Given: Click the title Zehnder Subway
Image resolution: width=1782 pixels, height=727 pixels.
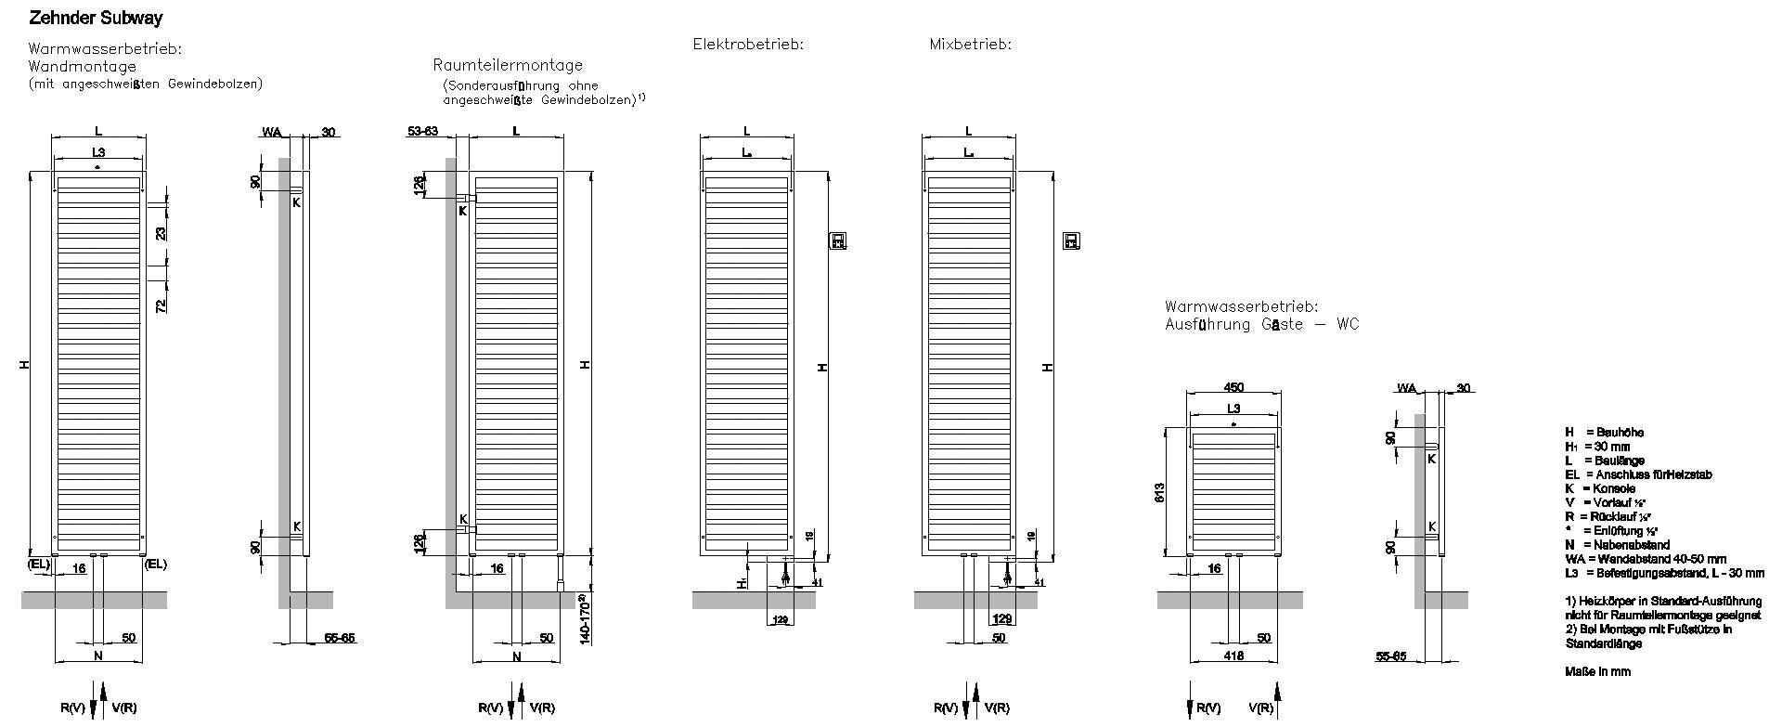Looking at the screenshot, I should (x=96, y=19).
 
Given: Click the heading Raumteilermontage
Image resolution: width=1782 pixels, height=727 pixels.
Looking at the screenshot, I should (x=508, y=65).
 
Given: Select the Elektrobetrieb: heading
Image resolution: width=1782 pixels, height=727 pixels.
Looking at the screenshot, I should (x=748, y=44).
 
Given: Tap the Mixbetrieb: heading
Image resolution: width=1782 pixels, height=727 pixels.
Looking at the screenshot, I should (x=970, y=44).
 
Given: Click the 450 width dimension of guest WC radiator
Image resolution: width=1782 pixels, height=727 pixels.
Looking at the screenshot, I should (x=1233, y=388).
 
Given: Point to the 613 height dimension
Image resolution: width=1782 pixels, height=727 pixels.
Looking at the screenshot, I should (x=1160, y=492).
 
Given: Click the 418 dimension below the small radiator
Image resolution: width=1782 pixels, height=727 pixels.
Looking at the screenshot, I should (x=1233, y=656).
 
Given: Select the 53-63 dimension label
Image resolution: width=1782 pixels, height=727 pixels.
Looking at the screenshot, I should (x=422, y=132).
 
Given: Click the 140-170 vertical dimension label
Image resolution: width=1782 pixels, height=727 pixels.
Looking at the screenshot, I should (x=587, y=618).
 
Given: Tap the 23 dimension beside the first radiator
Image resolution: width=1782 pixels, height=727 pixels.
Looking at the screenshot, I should (x=161, y=233).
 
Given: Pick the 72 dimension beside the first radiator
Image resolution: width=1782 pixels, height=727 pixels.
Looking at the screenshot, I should (x=161, y=305).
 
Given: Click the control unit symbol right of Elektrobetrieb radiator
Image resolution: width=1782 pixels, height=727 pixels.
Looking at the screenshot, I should (x=838, y=241).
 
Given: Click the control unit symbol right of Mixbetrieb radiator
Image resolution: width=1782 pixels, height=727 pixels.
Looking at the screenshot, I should (x=1072, y=241).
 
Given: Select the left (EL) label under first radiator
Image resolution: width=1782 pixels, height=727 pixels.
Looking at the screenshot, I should (x=38, y=564).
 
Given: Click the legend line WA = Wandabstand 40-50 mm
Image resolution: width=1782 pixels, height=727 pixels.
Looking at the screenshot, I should (x=1645, y=559).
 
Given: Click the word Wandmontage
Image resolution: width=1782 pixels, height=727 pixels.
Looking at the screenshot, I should (x=82, y=67).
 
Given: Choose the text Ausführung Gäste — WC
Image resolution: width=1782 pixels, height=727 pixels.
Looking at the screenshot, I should (x=1261, y=324).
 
